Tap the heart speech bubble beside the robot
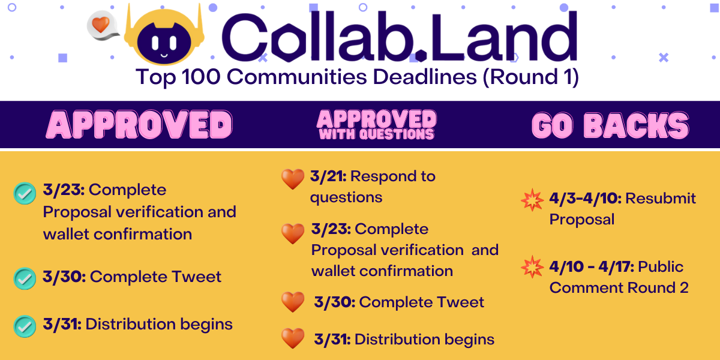coord(101,26)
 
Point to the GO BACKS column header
coord(610,125)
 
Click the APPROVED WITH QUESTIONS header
coord(376,125)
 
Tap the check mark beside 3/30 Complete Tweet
coord(24,278)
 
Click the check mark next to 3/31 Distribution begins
coord(24,326)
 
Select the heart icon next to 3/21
coord(292,179)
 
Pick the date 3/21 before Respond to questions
coord(328,176)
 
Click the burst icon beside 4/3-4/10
coord(532,200)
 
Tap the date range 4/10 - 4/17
coord(591,266)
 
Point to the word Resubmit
coord(661,199)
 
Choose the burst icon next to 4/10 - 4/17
coord(532,267)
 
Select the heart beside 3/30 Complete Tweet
coord(293,302)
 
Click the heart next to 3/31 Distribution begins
coord(293,339)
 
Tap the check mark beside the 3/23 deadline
coord(24,193)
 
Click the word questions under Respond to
coord(346,197)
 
